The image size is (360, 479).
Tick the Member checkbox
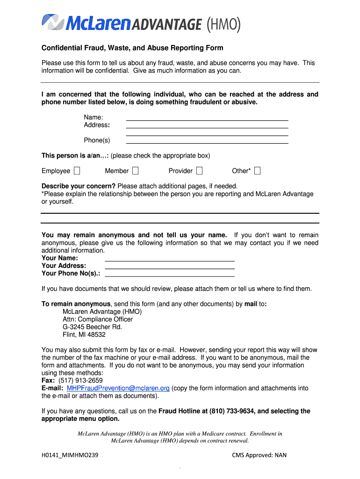coord(135,171)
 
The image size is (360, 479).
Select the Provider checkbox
coord(199,171)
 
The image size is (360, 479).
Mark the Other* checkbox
coord(257,171)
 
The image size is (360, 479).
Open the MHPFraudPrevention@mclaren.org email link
coord(118,388)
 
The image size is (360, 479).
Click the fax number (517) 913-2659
coord(80,381)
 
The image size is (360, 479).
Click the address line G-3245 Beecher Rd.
coord(92,327)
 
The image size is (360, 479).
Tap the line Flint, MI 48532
coord(84,335)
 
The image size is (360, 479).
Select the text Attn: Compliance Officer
coord(98,319)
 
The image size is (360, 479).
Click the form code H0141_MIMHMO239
coord(70,455)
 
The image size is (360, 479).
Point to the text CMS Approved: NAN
coord(259,455)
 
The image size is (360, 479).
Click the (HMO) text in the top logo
coord(223,24)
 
